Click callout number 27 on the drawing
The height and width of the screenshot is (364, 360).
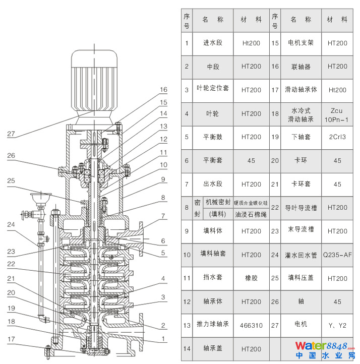pos(12,134)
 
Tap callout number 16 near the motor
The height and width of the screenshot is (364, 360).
pos(163,90)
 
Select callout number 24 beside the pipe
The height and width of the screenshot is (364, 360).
pos(12,225)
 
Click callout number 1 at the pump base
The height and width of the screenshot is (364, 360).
pos(163,338)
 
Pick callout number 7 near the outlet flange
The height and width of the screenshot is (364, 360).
pos(163,216)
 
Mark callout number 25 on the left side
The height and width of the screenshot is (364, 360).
pos(12,180)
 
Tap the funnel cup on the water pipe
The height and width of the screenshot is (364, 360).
pos(39,197)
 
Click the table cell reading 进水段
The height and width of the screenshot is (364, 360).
pos(212,43)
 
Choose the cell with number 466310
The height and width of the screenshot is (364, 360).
pos(251,325)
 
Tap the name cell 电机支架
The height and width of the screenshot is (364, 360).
pos(301,43)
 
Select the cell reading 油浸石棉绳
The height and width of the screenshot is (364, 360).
pos(251,213)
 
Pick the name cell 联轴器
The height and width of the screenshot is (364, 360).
pos(301,67)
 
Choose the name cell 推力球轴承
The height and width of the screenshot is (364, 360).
pos(212,325)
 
